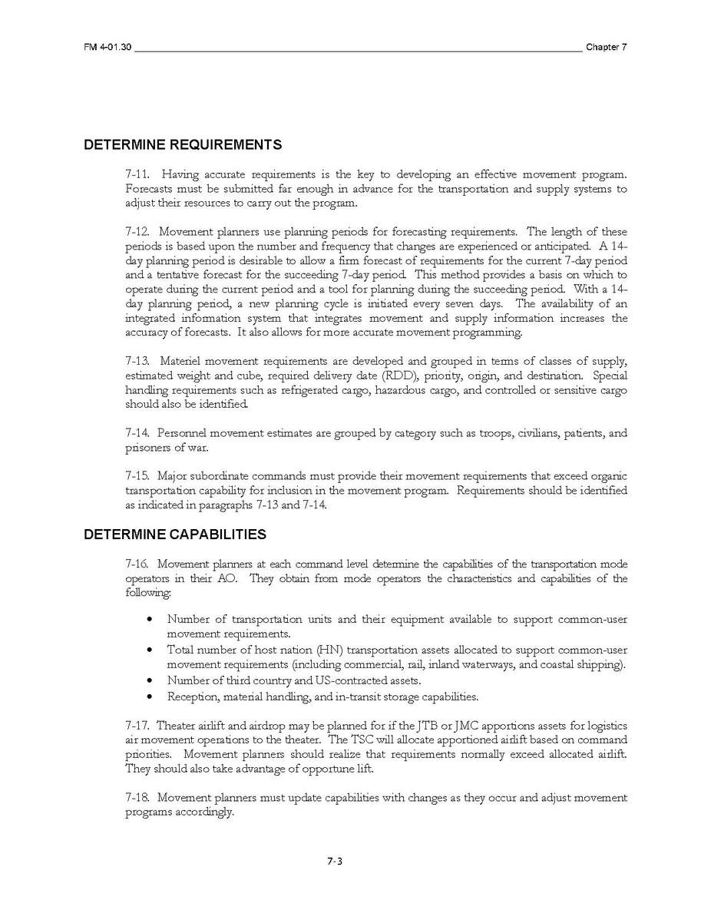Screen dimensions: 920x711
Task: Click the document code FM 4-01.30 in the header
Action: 107,48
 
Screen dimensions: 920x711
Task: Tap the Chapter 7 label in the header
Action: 606,48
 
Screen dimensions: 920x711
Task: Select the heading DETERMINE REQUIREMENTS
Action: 183,144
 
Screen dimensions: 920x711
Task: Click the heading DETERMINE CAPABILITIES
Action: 175,534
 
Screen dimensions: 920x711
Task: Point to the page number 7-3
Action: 334,861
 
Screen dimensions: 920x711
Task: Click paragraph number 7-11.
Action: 137,174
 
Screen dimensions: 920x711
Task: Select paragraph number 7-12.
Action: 137,232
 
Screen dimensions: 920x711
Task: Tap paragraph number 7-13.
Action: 137,361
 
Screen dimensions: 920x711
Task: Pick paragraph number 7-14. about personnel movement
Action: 137,433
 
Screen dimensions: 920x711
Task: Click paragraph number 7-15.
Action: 137,476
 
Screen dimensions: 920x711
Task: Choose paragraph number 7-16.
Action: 137,564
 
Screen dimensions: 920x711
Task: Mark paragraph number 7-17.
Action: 137,726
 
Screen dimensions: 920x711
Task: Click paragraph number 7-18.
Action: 137,798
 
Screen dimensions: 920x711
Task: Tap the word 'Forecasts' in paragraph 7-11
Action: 148,189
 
